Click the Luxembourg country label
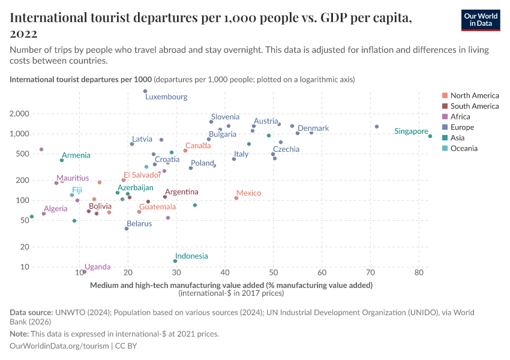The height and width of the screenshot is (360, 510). coord(166,97)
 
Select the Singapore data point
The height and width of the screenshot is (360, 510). coord(430,136)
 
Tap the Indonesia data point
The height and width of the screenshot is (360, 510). coord(175,261)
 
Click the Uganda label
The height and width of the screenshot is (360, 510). coord(97,267)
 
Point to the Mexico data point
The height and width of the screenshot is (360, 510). coord(236,198)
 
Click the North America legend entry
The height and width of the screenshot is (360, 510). coord(474,95)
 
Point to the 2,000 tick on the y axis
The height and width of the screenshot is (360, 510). coord(20,114)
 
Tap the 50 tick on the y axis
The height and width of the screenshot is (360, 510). coord(24,220)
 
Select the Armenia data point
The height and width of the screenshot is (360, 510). coord(62,160)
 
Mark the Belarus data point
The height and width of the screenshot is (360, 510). coord(127,229)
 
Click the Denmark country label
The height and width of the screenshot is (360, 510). coord(313,128)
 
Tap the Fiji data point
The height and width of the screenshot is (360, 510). coord(72,195)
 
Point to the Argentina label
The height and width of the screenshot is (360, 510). coord(181,192)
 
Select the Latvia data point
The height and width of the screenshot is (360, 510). coord(132,144)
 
